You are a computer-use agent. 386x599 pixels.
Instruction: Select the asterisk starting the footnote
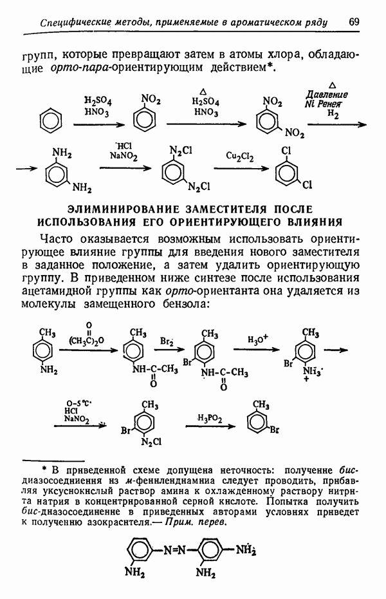45,468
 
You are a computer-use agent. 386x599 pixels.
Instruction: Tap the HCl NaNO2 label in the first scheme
120,151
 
